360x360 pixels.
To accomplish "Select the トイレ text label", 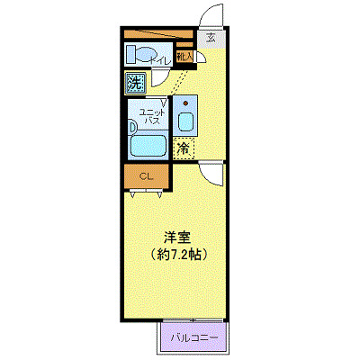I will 162,60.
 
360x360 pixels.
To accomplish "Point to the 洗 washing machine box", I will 135,84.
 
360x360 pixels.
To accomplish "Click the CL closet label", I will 146,176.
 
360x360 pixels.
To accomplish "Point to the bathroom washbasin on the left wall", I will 134,128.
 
